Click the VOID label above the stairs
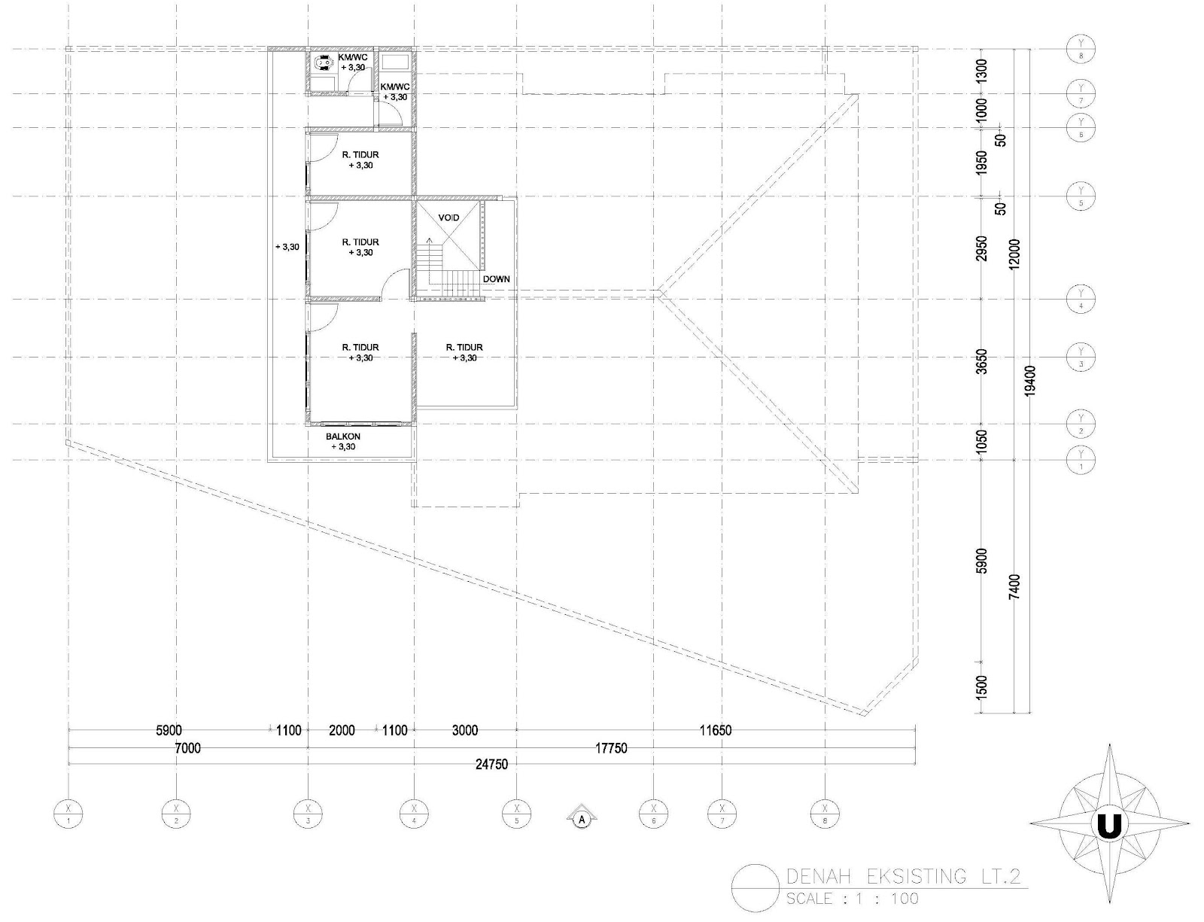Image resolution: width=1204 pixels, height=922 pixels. pos(448,218)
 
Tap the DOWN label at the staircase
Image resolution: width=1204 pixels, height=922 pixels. pos(496,278)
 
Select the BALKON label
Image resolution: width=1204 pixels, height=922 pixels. pos(343,437)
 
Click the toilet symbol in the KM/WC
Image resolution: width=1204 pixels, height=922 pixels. pos(324,62)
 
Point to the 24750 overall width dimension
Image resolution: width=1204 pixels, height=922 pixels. pos(491,765)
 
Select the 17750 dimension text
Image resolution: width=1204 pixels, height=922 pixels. pos(611,748)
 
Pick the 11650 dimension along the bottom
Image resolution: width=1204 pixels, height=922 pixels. pos(715,730)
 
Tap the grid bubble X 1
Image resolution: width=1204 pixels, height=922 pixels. pos(68,814)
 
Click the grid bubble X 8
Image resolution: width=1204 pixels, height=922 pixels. pos(825,814)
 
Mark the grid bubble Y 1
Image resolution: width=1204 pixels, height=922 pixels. pos(1081,459)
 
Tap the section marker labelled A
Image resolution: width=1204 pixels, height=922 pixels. pos(581,817)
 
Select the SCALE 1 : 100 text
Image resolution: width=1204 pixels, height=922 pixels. pos(852,899)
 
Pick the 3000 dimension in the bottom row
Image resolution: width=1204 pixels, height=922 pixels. pos(464,730)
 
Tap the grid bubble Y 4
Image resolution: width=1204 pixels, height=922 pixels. pos(1081,300)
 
